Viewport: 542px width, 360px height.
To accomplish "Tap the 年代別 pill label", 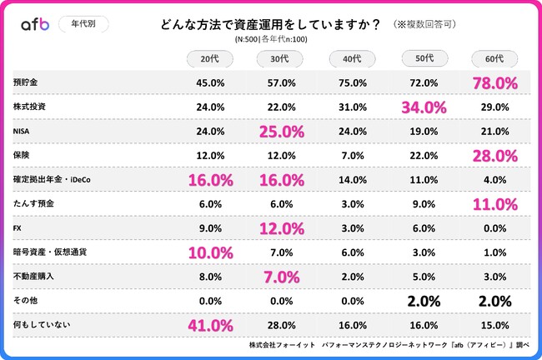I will tap(83, 24).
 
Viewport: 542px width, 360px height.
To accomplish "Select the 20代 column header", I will tap(210, 58).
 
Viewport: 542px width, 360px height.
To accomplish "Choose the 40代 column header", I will tap(353, 58).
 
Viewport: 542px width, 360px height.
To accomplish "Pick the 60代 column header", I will tap(494, 58).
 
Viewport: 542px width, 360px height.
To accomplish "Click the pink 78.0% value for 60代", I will tap(495, 83).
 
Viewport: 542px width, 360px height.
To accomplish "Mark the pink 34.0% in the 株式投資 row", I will tap(424, 107).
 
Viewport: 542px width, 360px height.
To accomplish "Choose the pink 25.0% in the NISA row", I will tap(281, 132).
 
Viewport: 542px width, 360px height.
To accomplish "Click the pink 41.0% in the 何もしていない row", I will tap(210, 323).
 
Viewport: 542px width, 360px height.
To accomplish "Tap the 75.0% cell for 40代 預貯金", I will tap(353, 83).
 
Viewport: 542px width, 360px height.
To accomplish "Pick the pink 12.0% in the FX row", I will tap(281, 227).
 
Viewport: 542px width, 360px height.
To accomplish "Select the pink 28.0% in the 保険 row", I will tap(495, 156).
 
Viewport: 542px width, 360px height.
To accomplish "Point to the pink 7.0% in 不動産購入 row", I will tap(281, 275).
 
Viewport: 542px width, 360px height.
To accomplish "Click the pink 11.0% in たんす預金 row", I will tap(495, 203).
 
